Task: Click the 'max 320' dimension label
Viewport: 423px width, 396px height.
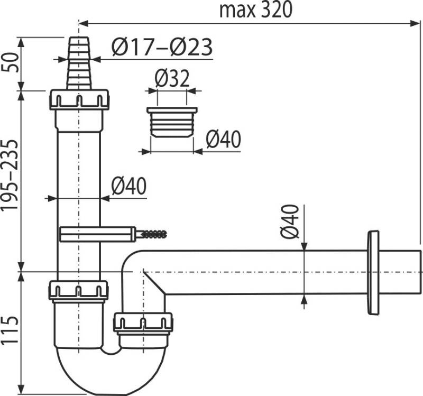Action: [x=255, y=10]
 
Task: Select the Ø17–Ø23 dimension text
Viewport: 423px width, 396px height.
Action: [x=162, y=48]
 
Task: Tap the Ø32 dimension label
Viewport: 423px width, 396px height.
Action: [x=172, y=79]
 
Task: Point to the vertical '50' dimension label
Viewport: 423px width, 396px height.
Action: [x=10, y=63]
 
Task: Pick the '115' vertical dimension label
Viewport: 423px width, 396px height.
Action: [x=10, y=331]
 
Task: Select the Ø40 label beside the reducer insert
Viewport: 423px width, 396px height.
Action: [x=223, y=140]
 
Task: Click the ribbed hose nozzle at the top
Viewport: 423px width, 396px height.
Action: [x=79, y=63]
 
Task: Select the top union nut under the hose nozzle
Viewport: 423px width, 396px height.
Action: [x=79, y=100]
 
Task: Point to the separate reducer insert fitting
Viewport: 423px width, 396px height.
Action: [x=172, y=122]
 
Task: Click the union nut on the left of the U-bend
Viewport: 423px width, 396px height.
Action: [x=78, y=290]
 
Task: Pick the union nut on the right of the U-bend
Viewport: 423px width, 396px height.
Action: [x=143, y=322]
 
